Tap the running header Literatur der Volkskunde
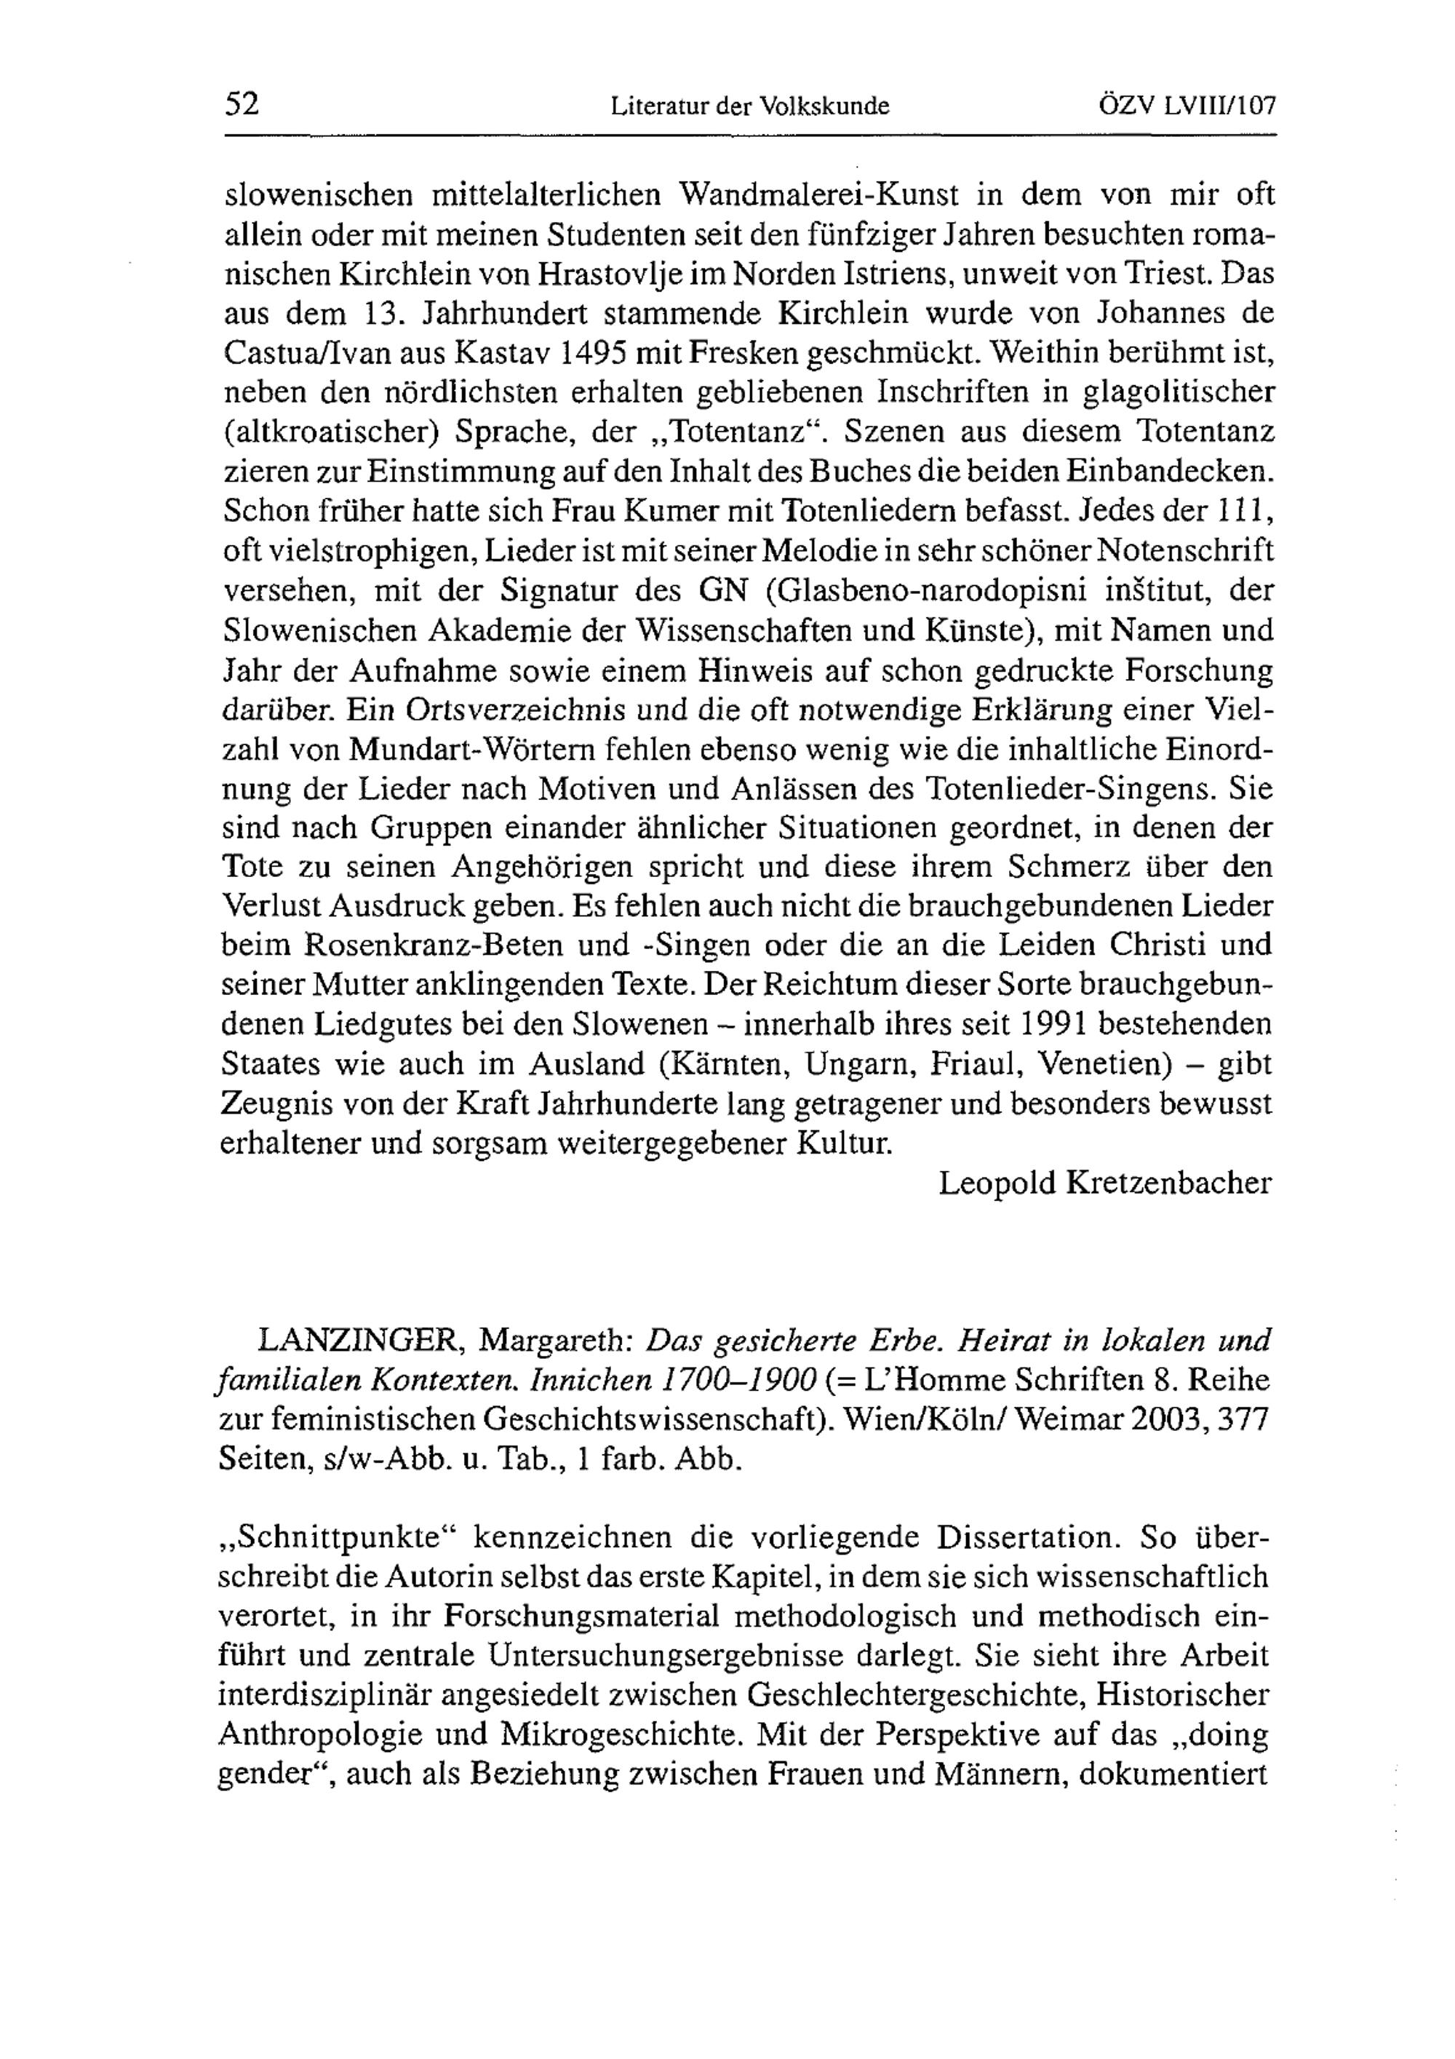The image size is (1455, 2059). pyautogui.click(x=749, y=108)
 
